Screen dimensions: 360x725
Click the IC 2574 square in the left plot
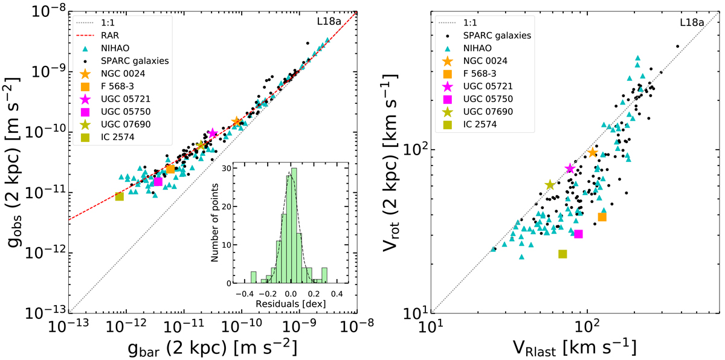(120, 196)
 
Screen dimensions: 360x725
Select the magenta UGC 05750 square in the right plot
(578, 234)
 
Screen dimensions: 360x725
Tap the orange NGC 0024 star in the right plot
(593, 153)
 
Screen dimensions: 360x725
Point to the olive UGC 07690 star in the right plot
(550, 185)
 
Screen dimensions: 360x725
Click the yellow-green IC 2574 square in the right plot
(562, 254)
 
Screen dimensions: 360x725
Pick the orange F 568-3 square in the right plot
(602, 217)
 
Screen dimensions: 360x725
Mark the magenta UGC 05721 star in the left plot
(213, 133)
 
